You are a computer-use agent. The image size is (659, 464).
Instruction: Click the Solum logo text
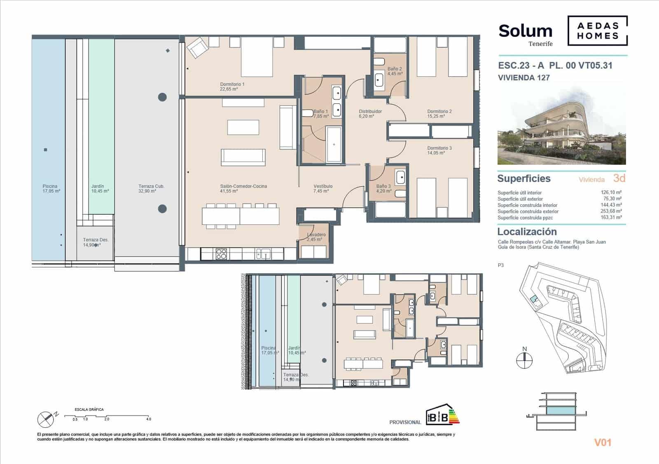[525, 31]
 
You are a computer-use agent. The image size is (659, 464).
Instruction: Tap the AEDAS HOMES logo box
[598, 31]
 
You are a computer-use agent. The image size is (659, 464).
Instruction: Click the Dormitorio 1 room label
[232, 87]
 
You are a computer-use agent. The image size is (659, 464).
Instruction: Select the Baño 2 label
[395, 71]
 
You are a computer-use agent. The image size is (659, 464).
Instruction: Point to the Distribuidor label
[370, 114]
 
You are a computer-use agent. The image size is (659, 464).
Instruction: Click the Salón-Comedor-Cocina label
[243, 188]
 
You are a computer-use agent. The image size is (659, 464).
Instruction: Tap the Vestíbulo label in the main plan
[323, 188]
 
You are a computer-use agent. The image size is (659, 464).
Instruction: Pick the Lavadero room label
[316, 237]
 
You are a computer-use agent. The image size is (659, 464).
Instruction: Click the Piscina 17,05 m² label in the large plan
[50, 189]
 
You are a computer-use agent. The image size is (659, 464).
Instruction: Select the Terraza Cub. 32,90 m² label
[151, 189]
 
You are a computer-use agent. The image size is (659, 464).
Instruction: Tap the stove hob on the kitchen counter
[221, 254]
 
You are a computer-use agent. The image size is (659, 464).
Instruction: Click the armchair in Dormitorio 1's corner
[196, 48]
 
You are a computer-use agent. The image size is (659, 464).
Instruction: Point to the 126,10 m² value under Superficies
[611, 192]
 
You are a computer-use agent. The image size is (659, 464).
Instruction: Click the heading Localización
[527, 232]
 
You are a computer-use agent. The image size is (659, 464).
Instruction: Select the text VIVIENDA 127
[523, 77]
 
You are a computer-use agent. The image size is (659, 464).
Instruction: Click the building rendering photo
[561, 126]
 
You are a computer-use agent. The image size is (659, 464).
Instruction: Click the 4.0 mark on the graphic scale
[148, 419]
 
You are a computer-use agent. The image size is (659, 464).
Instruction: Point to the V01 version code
[603, 443]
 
